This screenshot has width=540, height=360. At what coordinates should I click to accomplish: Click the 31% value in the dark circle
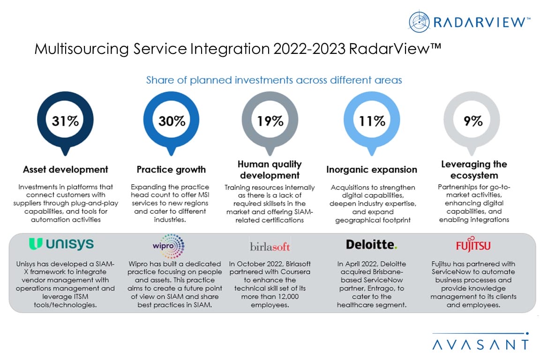66,121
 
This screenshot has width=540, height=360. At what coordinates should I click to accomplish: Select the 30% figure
171,121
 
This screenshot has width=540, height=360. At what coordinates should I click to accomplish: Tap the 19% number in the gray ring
270,121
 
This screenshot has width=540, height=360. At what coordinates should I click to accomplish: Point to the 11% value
372,121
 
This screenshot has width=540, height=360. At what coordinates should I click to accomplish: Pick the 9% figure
473,121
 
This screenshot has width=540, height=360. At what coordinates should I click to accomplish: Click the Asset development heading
66,169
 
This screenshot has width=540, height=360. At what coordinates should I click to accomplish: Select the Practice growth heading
171,169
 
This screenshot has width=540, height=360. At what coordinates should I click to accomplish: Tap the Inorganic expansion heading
372,169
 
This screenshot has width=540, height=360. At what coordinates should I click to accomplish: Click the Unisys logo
61,244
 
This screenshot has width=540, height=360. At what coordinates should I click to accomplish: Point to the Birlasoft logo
270,246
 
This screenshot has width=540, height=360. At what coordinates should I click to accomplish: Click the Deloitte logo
372,244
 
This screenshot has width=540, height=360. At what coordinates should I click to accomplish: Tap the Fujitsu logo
473,245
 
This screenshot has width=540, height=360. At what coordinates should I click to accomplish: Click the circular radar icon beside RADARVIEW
419,22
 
